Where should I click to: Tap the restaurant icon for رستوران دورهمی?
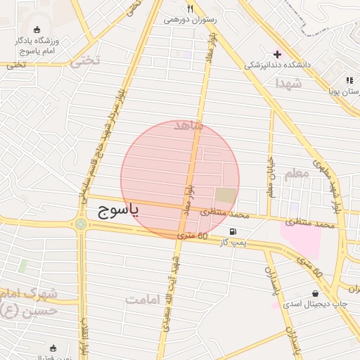tap(190, 9)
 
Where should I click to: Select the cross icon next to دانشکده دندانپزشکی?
tap(277, 54)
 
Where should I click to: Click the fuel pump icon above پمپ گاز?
tap(232, 231)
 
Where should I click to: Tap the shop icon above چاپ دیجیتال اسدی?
tap(314, 293)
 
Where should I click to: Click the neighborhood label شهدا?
tap(288, 83)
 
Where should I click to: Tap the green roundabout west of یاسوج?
tap(81, 224)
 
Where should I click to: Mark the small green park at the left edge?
tap(22, 266)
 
